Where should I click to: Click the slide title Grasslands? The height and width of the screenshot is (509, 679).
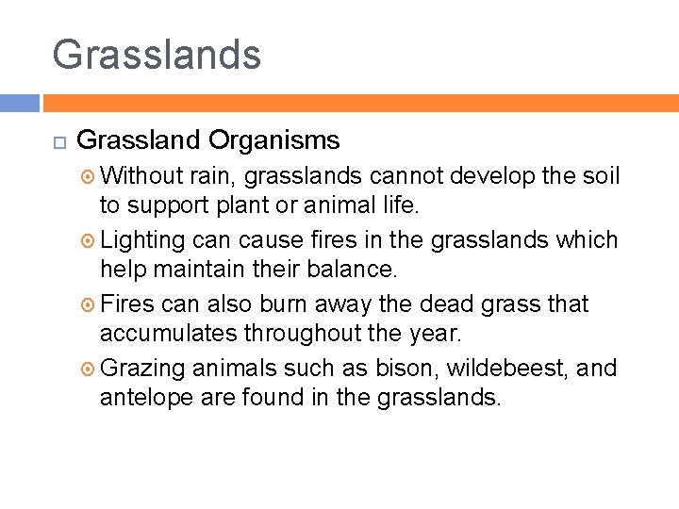tap(157, 54)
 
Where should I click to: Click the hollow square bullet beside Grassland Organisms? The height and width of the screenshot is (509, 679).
tap(58, 142)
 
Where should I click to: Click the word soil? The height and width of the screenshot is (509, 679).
tap(600, 175)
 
